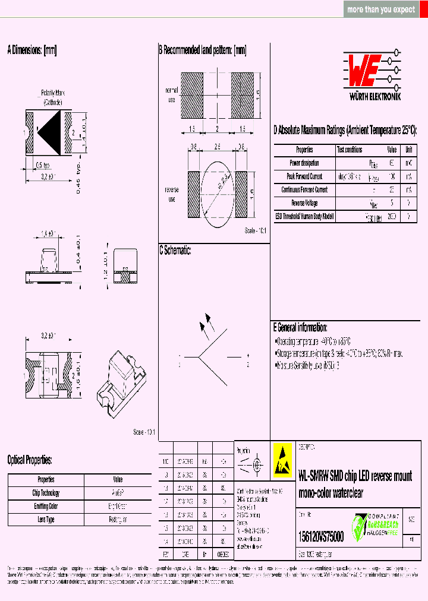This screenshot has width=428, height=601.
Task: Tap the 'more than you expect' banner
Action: pyautogui.click(x=381, y=10)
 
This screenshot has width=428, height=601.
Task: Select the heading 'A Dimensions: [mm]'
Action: pyautogui.click(x=32, y=50)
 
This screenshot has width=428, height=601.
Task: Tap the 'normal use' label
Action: pyautogui.click(x=171, y=95)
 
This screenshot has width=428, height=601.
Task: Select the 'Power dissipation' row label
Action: pyautogui.click(x=304, y=163)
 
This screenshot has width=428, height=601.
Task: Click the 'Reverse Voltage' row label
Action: pyautogui.click(x=304, y=203)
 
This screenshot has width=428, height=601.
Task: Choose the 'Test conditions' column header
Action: pyautogui.click(x=350, y=150)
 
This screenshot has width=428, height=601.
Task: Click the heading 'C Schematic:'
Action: pyautogui.click(x=175, y=251)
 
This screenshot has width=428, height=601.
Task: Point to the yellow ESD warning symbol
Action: pyautogui.click(x=282, y=460)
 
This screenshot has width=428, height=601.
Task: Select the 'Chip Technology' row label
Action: pyautogui.click(x=46, y=493)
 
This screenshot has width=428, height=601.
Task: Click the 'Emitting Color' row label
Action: pyautogui.click(x=46, y=506)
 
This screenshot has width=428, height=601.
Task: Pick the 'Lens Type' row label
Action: pyautogui.click(x=46, y=520)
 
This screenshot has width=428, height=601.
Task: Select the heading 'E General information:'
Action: pyautogui.click(x=300, y=327)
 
